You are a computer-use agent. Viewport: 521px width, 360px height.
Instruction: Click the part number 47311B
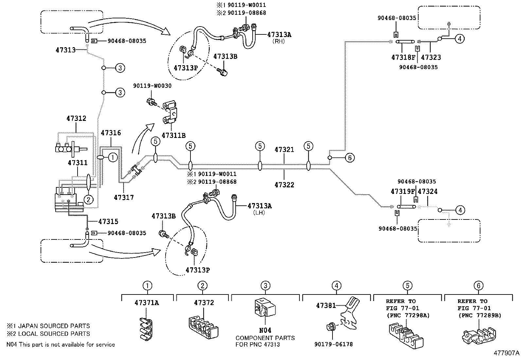[x=173, y=135]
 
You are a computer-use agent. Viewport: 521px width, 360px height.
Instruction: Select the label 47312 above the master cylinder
[x=76, y=119]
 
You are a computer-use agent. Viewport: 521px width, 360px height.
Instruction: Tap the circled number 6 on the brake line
[x=350, y=158]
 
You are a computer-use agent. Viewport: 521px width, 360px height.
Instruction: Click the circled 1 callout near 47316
[x=113, y=158]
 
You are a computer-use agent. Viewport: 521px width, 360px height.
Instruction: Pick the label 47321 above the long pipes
[x=284, y=150]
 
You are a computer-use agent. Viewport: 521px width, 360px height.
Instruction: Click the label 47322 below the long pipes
[x=284, y=185]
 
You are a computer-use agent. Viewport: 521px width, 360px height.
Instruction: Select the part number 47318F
[x=403, y=57]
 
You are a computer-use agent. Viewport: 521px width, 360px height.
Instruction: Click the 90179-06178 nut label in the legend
[x=334, y=344]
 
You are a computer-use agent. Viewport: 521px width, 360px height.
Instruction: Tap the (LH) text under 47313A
[x=259, y=213]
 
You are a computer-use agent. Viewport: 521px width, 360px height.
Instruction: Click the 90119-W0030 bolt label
[x=152, y=86]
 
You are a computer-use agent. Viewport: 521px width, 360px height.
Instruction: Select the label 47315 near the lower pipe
[x=108, y=221]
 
